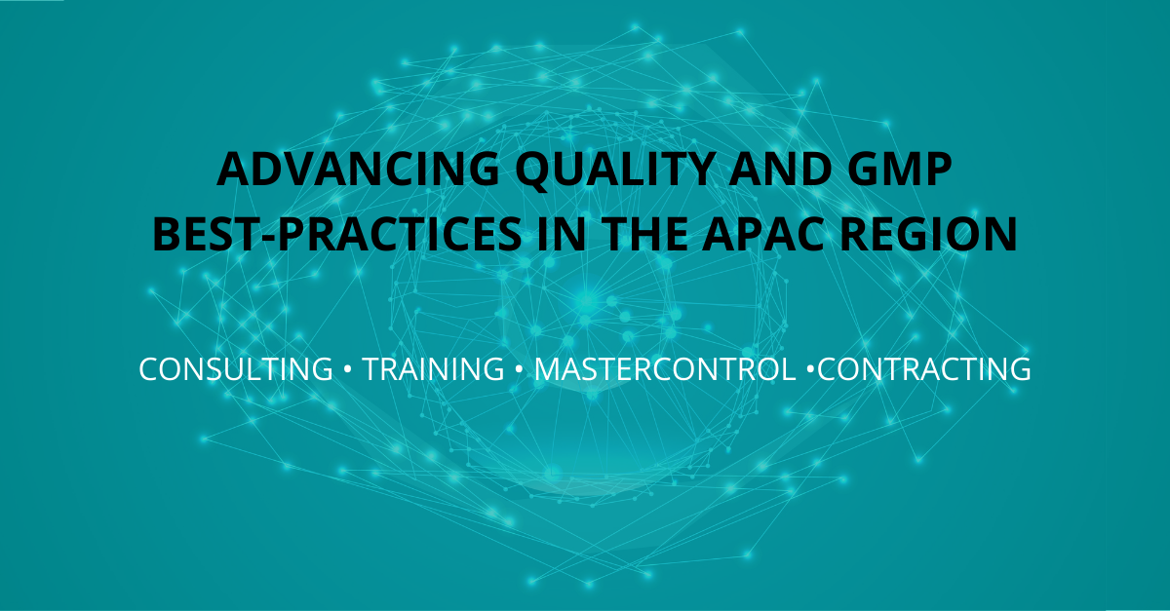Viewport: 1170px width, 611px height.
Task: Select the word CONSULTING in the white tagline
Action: [x=236, y=370]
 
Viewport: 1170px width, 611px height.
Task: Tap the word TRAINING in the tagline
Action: [x=433, y=370]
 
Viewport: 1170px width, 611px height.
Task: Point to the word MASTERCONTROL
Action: [x=663, y=370]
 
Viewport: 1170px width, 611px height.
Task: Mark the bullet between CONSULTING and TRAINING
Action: [x=347, y=370]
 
